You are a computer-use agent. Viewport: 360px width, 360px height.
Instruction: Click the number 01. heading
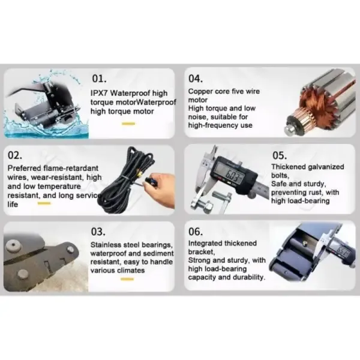tap(99, 79)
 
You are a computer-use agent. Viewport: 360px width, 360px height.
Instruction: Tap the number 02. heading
tap(15, 155)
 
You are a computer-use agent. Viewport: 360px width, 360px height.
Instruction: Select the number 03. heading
tap(98, 232)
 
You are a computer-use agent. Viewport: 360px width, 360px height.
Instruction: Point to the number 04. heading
tap(196, 79)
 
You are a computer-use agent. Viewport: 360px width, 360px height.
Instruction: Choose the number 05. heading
tap(280, 155)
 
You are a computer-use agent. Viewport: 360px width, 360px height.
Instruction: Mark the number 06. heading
tap(196, 232)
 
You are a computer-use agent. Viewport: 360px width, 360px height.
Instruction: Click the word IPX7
tap(99, 93)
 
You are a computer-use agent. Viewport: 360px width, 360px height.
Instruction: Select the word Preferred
tap(24, 168)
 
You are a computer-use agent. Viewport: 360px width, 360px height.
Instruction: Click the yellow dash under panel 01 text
tap(128, 124)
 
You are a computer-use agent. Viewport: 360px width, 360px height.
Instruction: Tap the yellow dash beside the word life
tap(44, 203)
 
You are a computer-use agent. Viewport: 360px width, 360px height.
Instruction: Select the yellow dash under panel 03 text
tap(127, 279)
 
